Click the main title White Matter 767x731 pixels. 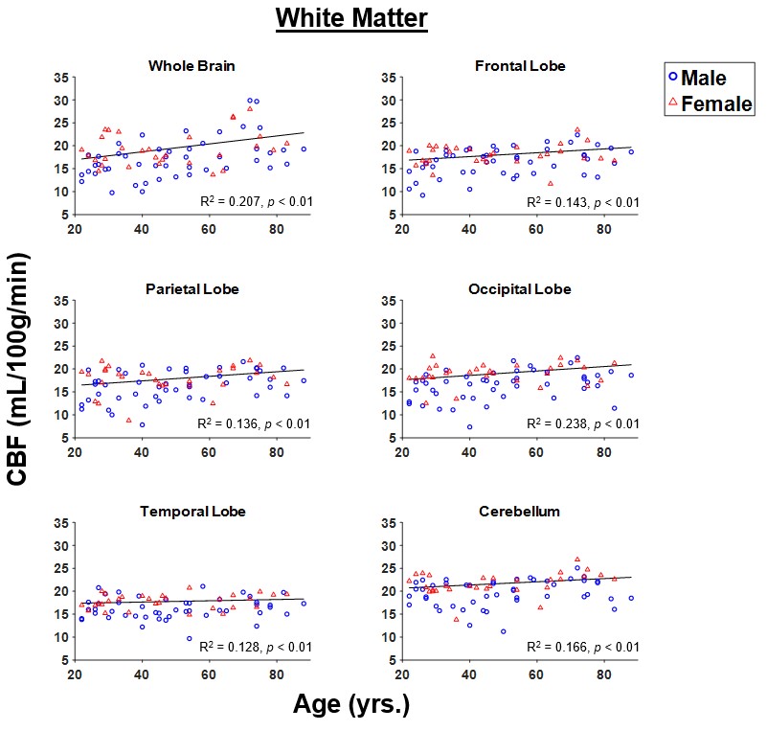350,18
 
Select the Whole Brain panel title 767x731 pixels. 192,65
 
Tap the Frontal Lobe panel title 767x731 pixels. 520,65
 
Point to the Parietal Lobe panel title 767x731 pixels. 192,288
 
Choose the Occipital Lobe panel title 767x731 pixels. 521,288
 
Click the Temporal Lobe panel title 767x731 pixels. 192,512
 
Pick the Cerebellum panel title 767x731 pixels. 520,512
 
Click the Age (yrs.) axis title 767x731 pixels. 350,706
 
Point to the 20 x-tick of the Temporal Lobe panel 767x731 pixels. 75,674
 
